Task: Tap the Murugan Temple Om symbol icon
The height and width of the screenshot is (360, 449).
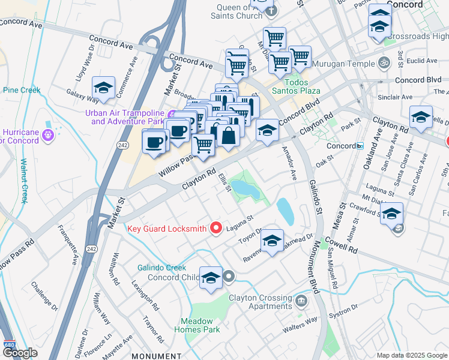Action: (x=382, y=62)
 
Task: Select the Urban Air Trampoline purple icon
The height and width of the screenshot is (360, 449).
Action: (x=172, y=115)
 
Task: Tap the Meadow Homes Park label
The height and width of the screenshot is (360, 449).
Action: (x=197, y=325)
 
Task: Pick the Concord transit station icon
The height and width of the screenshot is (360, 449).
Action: (x=360, y=146)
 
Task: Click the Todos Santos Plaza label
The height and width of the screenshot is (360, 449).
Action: (x=301, y=86)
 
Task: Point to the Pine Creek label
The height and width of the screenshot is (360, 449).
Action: (x=22, y=91)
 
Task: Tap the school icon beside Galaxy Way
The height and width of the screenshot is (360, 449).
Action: (x=103, y=88)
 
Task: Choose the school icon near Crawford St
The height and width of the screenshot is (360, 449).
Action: (x=391, y=214)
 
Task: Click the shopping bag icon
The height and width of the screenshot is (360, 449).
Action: (x=229, y=135)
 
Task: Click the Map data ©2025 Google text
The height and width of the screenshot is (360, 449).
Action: (x=411, y=355)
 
